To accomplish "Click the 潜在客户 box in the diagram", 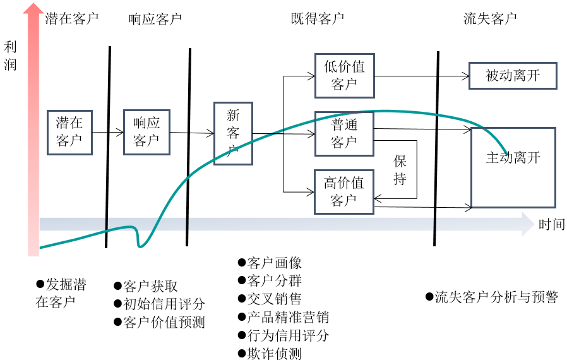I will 69,132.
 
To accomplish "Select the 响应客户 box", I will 146,132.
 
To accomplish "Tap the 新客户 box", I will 233,133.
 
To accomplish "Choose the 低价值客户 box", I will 344,75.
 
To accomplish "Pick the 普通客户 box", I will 344,133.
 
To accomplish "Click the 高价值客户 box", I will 344,191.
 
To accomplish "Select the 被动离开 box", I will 513,76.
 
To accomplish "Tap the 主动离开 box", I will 513,167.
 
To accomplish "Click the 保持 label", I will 400,169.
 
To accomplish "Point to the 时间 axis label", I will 551,224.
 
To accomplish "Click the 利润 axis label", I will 10,55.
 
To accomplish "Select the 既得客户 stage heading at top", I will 313,18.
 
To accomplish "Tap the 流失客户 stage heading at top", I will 489,18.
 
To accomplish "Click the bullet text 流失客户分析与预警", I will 496,297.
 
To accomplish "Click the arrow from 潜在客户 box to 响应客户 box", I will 108,133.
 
